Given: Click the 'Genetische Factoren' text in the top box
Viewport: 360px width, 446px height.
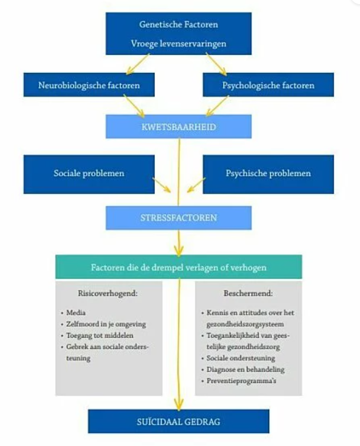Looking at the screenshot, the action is coord(178,24).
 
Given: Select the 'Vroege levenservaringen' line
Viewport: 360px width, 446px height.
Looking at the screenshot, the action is coord(178,44).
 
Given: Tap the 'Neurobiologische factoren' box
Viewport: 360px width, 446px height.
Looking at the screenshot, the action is coord(89,85).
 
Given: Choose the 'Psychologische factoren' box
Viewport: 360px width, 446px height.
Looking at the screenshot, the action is coord(268,85).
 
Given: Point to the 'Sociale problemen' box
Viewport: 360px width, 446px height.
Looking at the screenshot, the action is coord(89,174).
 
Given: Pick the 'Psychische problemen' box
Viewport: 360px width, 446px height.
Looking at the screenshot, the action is coord(268,174).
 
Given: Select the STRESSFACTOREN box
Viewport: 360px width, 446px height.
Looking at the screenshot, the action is coord(178,218).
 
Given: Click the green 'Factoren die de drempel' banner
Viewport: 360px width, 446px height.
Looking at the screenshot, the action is coord(178,267).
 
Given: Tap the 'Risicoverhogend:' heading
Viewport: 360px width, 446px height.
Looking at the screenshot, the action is coord(100,293).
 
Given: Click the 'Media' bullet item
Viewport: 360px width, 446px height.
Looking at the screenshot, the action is coord(75,313).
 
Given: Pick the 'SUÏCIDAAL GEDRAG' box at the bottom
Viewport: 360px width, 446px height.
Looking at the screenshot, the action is coord(178,422).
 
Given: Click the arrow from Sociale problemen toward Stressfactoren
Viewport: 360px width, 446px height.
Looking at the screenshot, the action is coord(161,186).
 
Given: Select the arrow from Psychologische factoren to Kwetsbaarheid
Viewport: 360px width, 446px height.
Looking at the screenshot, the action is coord(218,106).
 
